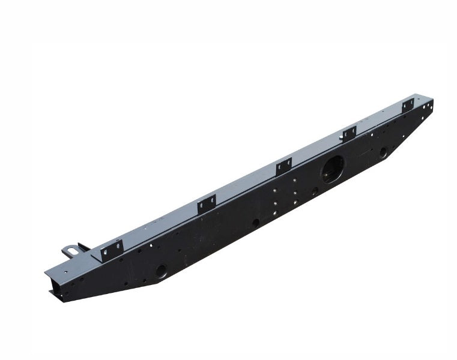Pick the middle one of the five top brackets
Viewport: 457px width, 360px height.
(x=283, y=167)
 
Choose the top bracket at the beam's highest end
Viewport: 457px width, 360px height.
(x=408, y=105)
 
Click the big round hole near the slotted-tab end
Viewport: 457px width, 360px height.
(x=160, y=271)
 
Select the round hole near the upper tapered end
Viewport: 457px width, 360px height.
(x=383, y=153)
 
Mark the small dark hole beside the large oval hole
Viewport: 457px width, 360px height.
(x=315, y=191)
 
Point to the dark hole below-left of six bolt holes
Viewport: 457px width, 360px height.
(x=256, y=223)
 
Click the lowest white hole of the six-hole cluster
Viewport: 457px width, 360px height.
(x=274, y=212)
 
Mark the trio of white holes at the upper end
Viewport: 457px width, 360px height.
(x=427, y=108)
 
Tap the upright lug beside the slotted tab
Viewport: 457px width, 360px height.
(x=83, y=247)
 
